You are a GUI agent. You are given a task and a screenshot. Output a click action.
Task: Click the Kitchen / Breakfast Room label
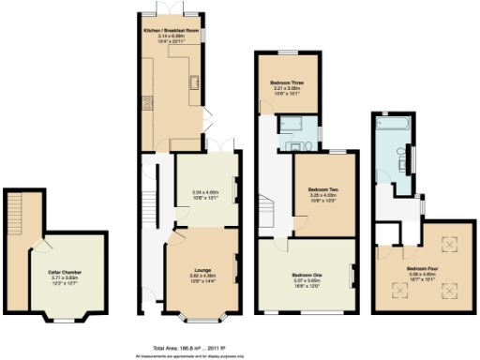(169, 30)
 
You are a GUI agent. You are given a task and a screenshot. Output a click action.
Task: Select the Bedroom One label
(306, 273)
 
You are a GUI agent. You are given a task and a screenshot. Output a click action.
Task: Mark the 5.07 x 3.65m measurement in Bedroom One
(306, 279)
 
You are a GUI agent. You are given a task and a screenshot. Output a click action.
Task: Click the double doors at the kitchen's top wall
(169, 7)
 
